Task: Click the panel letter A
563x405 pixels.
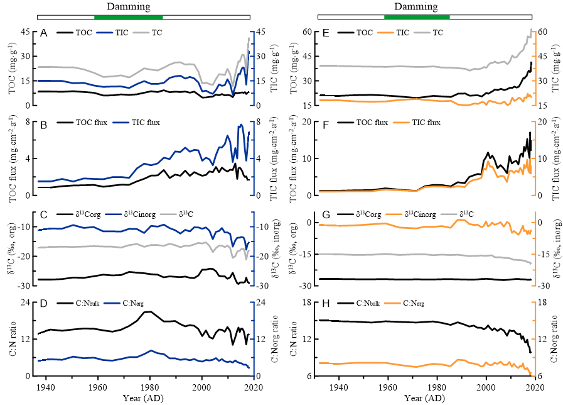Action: pos(43,32)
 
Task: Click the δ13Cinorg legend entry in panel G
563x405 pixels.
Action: pos(421,214)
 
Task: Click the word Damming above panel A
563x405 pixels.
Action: pos(128,7)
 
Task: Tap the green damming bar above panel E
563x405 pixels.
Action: pos(417,16)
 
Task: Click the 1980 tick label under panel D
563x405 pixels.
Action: pos(150,388)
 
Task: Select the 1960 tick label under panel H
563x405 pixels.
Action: pos(388,388)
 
